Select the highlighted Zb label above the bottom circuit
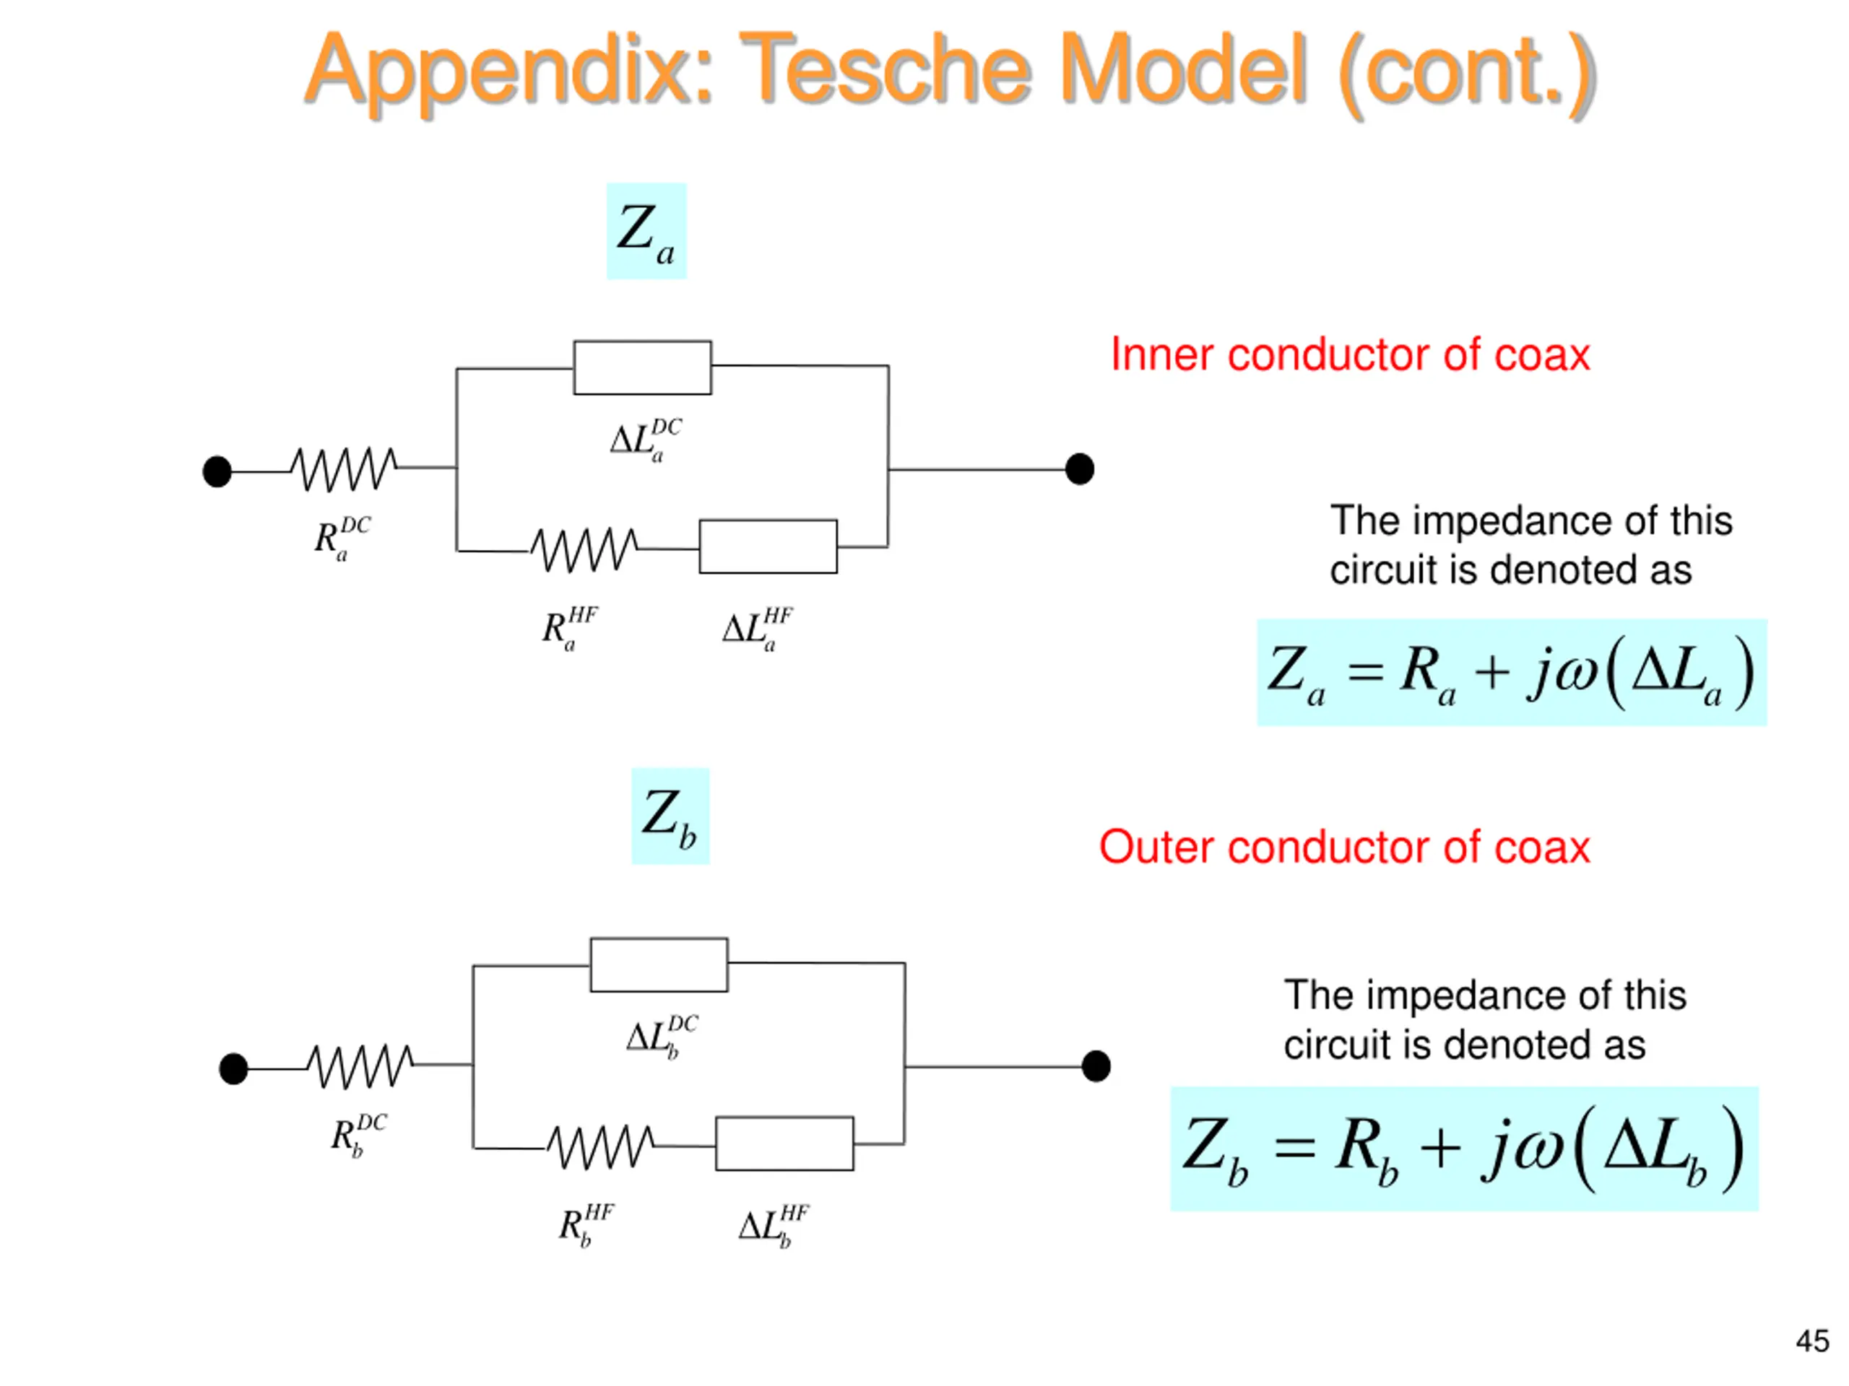point(670,816)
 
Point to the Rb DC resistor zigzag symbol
point(360,1066)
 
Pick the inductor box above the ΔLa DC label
point(642,367)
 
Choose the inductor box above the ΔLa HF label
point(768,546)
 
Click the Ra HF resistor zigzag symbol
point(584,550)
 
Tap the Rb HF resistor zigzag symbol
point(601,1147)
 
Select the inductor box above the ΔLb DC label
point(659,965)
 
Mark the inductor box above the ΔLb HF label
point(785,1143)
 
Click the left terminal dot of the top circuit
point(217,471)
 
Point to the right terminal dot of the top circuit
point(1080,468)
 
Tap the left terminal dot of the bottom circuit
point(233,1068)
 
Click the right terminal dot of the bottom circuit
point(1096,1066)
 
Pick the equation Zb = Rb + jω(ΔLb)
point(1465,1149)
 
